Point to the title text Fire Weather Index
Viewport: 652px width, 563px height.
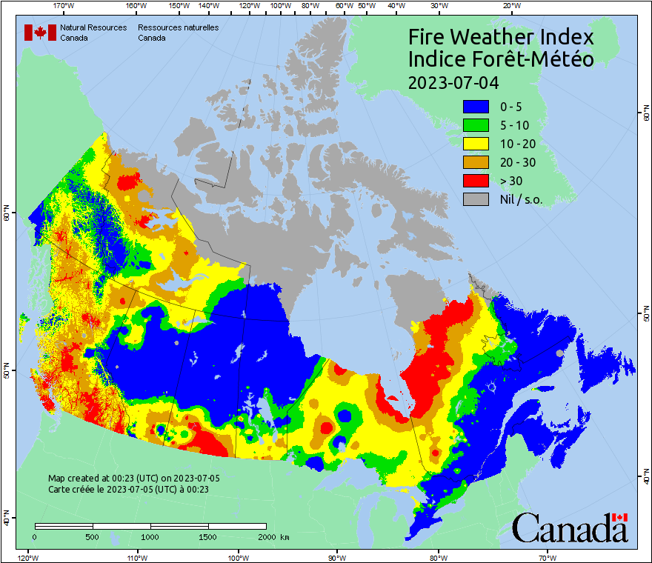(x=501, y=37)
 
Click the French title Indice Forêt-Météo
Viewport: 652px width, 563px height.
(x=501, y=59)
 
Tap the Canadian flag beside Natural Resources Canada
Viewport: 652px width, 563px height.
(x=40, y=33)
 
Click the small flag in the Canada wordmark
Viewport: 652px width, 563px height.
(x=620, y=517)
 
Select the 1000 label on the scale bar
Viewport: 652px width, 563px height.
(x=150, y=536)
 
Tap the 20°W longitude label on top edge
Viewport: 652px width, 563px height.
(x=510, y=5)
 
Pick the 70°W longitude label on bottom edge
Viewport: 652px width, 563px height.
(x=548, y=557)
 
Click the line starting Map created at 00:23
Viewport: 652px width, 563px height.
(x=133, y=479)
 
